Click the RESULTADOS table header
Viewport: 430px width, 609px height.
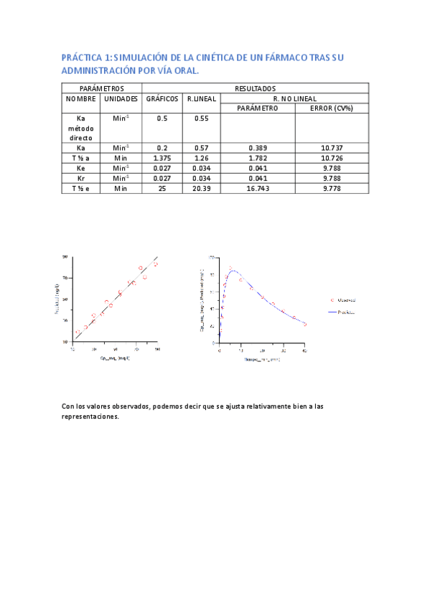click(255, 88)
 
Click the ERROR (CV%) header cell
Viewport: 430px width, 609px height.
click(332, 108)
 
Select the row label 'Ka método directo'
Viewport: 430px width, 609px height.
click(81, 127)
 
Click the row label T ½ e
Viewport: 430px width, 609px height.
click(81, 188)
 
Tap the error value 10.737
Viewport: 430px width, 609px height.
click(332, 147)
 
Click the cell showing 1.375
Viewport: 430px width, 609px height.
click(162, 157)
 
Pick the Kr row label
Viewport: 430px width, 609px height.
click(81, 178)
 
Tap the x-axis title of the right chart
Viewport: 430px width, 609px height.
click(261, 358)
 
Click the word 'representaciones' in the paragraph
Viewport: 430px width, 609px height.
click(90, 416)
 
